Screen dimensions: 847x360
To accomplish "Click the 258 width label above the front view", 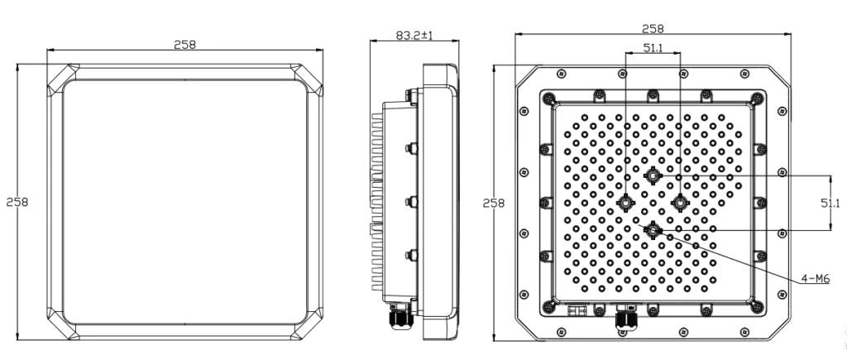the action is click(x=184, y=45).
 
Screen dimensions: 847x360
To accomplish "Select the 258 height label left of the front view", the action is click(x=17, y=202).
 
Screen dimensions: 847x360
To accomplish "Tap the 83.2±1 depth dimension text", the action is click(x=414, y=35).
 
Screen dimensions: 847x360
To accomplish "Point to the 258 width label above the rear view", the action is click(x=653, y=28).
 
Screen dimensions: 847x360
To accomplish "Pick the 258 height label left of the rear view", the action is click(x=494, y=203).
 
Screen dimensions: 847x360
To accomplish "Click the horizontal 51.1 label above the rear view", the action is click(x=653, y=47).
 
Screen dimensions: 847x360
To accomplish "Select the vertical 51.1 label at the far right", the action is click(x=830, y=204).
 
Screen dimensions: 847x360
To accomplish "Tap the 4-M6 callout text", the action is click(x=815, y=278).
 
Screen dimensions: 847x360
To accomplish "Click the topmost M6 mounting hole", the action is click(x=653, y=175).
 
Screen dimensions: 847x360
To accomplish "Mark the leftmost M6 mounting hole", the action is click(x=625, y=202).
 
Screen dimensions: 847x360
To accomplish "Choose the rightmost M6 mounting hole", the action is click(x=680, y=202).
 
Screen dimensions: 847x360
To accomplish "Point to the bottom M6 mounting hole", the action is click(x=653, y=230).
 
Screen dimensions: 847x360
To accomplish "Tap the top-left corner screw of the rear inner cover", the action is click(x=548, y=98).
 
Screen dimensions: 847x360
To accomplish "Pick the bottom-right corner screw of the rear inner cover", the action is click(x=757, y=306).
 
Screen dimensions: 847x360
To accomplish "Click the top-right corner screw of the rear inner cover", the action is click(x=757, y=98).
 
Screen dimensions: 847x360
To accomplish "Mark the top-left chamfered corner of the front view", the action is click(x=63, y=80).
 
